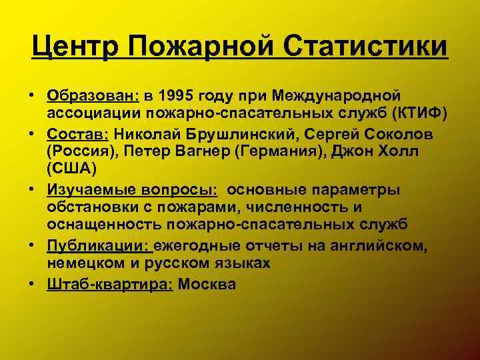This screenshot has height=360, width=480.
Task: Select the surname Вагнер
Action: pos(199,152)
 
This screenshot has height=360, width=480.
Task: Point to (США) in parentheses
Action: pos(71,170)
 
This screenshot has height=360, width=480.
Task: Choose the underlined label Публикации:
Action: pos(100,246)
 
